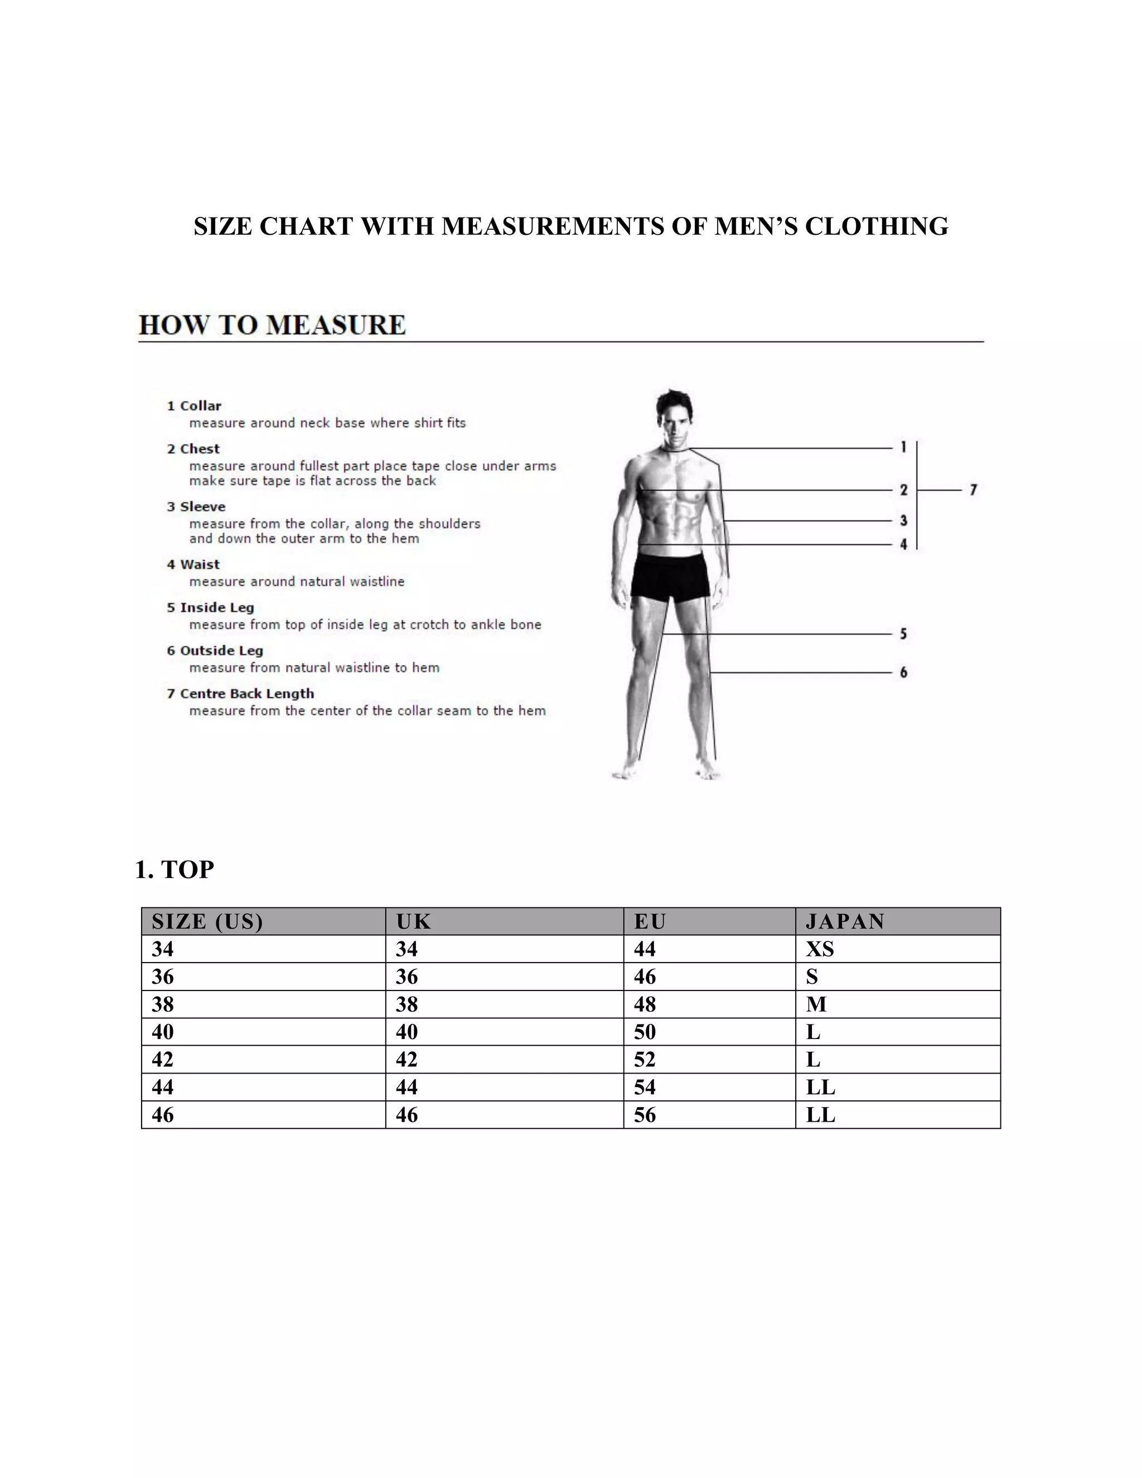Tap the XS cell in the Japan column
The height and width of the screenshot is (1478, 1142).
pyautogui.click(x=819, y=949)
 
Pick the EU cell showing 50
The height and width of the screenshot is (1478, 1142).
pyautogui.click(x=645, y=1032)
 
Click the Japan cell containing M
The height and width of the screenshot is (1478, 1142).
pyautogui.click(x=816, y=1004)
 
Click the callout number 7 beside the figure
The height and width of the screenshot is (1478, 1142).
pyautogui.click(x=973, y=489)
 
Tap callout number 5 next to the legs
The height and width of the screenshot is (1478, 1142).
pyautogui.click(x=903, y=634)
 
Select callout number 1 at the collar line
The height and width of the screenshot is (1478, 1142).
pyautogui.click(x=903, y=447)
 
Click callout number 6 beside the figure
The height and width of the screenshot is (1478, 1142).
pyautogui.click(x=903, y=672)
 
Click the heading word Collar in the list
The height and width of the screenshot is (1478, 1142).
pyautogui.click(x=200, y=406)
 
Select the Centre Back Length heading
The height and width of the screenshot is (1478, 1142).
pyautogui.click(x=246, y=694)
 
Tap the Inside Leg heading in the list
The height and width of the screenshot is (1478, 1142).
pyautogui.click(x=216, y=608)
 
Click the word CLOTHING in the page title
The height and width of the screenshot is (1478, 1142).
pyautogui.click(x=876, y=226)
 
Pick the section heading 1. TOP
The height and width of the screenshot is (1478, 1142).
pyautogui.click(x=175, y=870)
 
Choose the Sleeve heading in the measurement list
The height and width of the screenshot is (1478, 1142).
pyautogui.click(x=202, y=507)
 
